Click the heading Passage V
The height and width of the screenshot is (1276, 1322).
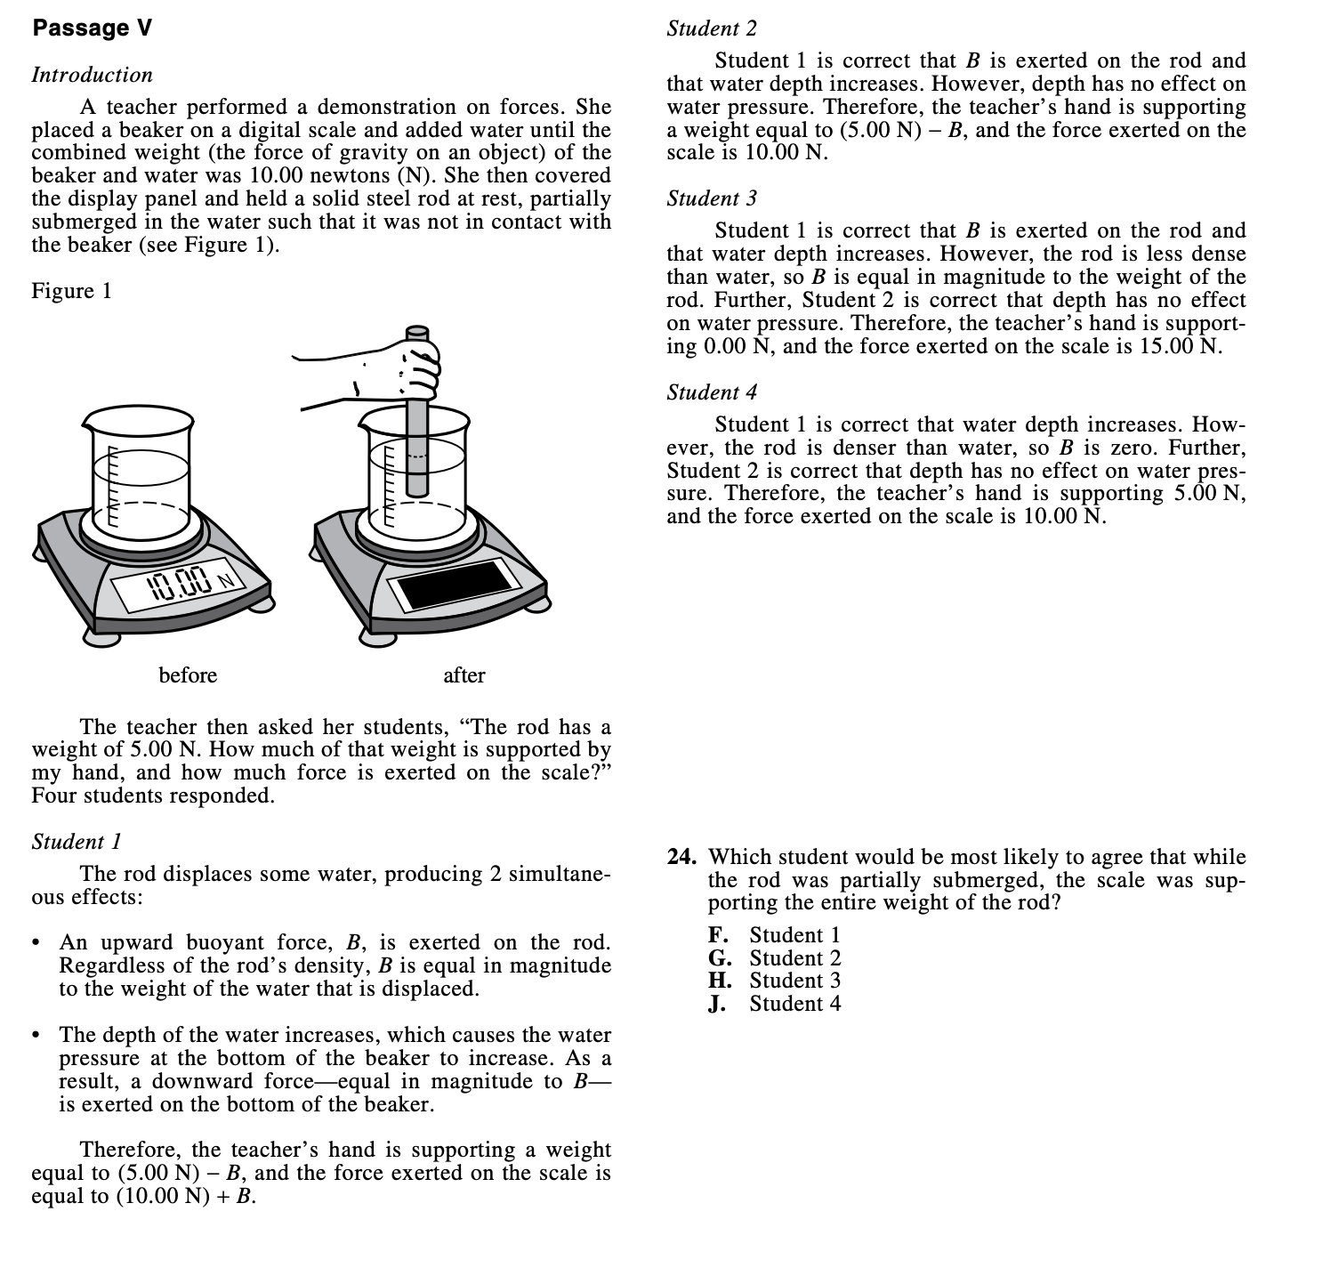click(x=92, y=28)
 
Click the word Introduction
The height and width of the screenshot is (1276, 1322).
click(x=92, y=75)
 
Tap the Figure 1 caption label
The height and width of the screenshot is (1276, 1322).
click(x=71, y=291)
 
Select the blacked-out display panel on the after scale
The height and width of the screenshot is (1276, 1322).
click(x=457, y=583)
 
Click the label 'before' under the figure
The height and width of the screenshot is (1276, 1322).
click(x=188, y=675)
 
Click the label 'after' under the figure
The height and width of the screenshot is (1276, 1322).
click(x=464, y=675)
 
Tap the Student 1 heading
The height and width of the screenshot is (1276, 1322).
click(x=77, y=841)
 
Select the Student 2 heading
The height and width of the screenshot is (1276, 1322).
click(x=712, y=28)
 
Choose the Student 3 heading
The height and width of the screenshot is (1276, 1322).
click(x=712, y=198)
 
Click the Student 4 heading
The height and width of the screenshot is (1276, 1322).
click(x=712, y=392)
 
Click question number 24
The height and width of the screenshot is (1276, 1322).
click(x=682, y=857)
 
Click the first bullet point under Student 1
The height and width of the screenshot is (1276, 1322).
click(x=36, y=943)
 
